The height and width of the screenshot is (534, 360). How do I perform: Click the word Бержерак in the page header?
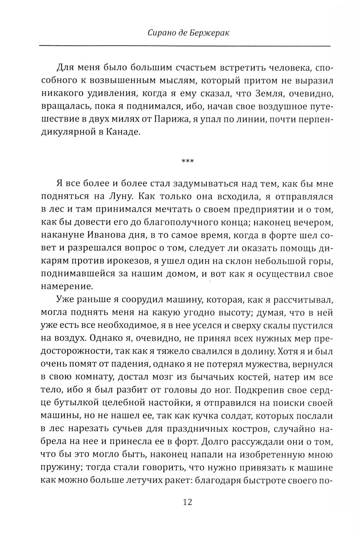[x=212, y=33]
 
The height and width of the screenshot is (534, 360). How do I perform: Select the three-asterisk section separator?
[x=187, y=161]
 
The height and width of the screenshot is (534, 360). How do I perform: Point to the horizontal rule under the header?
[x=184, y=46]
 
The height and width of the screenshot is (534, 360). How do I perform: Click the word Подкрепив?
[x=256, y=391]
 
